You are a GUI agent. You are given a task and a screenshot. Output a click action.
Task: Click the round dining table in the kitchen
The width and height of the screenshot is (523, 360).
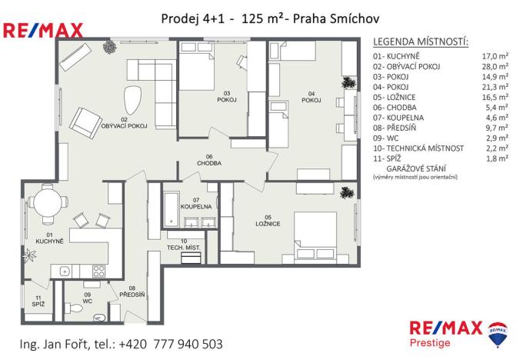tap(48, 205)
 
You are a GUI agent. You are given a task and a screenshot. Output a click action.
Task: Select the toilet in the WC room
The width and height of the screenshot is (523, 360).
tap(76, 308)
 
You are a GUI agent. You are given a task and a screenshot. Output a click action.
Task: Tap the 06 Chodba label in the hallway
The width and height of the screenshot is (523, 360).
tap(208, 159)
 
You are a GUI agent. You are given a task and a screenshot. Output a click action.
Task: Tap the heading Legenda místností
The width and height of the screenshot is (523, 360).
tap(420, 40)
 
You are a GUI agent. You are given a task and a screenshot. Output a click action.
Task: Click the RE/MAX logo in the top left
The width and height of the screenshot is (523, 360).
tap(44, 31)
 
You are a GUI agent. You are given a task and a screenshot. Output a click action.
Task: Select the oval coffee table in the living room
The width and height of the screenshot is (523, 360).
tap(134, 98)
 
